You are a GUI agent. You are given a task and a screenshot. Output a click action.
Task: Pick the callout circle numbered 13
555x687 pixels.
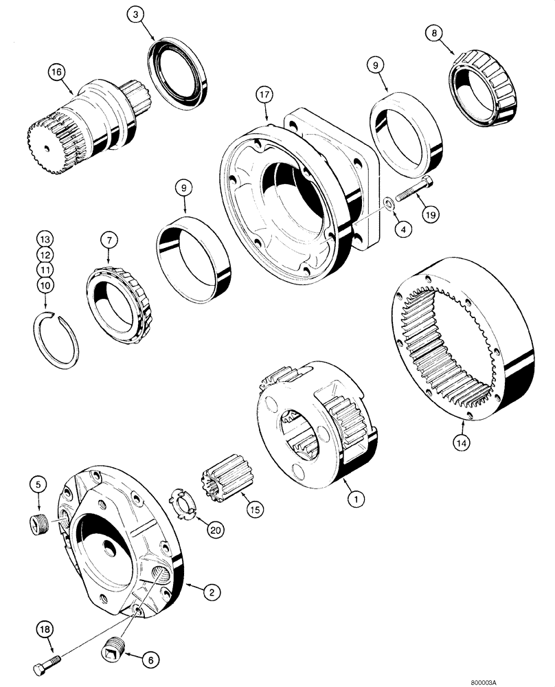point(45,239)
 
